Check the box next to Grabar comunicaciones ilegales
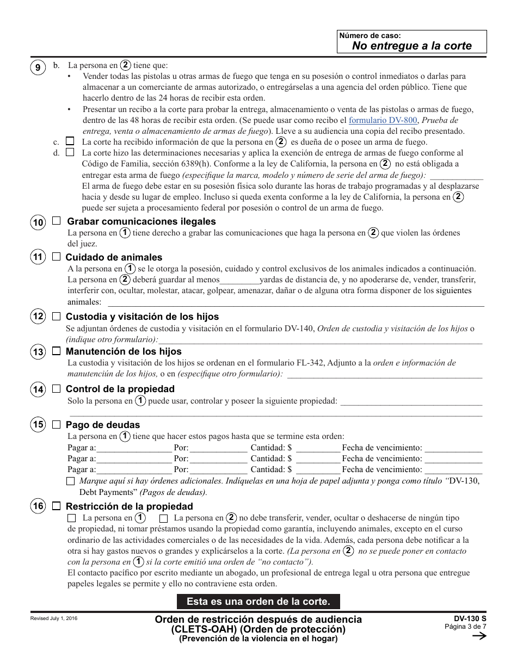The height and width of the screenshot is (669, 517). [57, 221]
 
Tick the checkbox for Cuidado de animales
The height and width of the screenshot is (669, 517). [57, 257]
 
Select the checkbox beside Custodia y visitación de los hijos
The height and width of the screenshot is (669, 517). [57, 316]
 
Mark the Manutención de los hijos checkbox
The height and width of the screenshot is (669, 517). [57, 351]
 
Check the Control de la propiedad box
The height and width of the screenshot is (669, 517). [57, 389]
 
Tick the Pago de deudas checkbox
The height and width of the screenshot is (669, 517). [57, 424]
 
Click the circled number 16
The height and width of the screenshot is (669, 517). [38, 506]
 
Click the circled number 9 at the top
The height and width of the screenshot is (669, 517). [38, 67]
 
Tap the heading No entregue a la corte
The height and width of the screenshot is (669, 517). [411, 46]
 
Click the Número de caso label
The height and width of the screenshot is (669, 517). [370, 35]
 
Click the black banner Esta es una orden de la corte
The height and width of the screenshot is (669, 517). [258, 602]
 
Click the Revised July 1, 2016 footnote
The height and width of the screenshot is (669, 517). [54, 618]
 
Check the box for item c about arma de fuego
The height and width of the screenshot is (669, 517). [70, 141]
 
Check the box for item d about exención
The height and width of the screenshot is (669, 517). [70, 152]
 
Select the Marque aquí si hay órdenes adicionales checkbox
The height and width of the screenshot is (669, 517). [71, 481]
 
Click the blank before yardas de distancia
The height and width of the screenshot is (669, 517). [239, 280]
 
